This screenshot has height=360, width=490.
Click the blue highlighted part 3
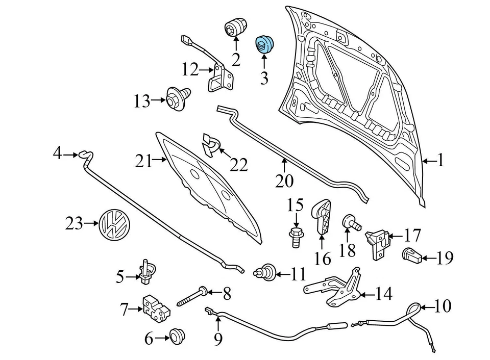264,44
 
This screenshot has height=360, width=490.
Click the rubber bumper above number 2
236,27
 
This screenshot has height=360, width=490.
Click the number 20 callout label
285,181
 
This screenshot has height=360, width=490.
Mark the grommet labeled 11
265,273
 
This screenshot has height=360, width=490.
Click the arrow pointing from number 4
70,153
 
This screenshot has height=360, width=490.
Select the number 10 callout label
443,307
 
